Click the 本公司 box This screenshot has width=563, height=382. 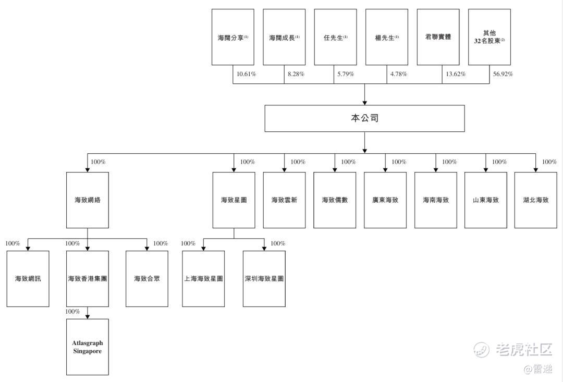point(364,118)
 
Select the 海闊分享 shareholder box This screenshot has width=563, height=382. point(232,37)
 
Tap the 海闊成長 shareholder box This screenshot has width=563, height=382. point(284,37)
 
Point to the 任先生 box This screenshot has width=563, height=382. point(335,37)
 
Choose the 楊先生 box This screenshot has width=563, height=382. point(387,37)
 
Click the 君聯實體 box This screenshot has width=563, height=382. point(438,37)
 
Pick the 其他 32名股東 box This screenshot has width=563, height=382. point(489,37)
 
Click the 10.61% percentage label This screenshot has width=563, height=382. point(246,74)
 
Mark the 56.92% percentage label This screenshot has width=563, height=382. point(503,74)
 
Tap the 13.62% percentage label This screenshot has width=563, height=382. point(456,74)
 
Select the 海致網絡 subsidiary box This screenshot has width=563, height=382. point(88,200)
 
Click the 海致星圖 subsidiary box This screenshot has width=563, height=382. point(234,200)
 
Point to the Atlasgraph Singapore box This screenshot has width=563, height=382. point(88,347)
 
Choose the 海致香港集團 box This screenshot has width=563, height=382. point(88,279)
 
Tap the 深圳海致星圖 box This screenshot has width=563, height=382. point(264,279)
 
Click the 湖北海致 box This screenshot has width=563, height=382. point(535,200)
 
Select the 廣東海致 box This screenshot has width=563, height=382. point(385,200)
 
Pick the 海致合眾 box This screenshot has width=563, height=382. point(147,279)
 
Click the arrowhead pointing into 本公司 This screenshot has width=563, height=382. point(364,102)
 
